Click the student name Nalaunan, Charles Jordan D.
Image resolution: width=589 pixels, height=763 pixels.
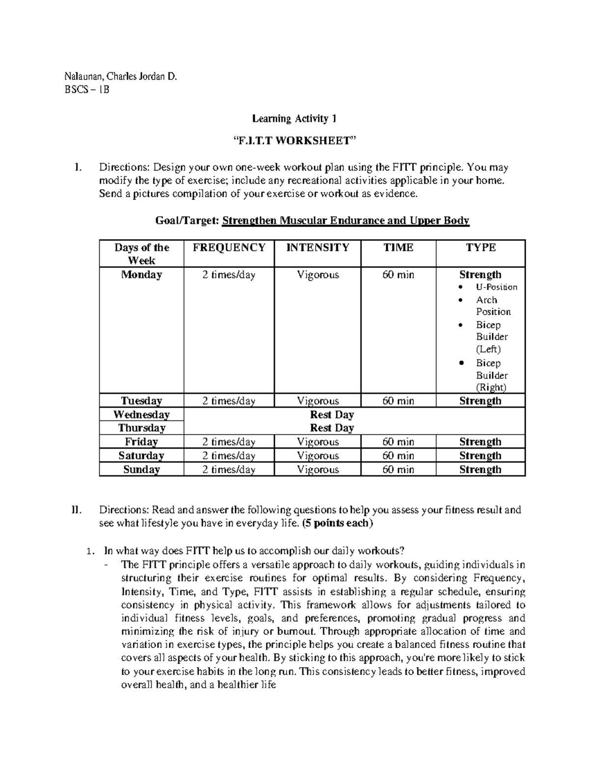point(120,77)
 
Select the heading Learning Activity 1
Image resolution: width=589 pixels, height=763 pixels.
point(294,118)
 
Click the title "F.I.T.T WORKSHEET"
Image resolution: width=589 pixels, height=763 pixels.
point(294,141)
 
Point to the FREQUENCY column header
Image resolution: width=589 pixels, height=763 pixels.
point(229,248)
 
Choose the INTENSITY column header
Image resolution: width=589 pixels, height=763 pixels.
point(318,248)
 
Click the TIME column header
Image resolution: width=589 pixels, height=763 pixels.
point(398,248)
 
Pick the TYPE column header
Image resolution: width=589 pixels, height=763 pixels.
point(481,248)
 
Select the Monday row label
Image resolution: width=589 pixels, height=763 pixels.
point(141,275)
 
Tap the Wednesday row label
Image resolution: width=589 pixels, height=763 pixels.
point(141,415)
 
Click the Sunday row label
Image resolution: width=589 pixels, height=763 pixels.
point(141,470)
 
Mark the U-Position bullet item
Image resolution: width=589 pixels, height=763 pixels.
point(496,287)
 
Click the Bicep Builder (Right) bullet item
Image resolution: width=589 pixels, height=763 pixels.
point(491,375)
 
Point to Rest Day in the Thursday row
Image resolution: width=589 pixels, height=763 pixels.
point(332,428)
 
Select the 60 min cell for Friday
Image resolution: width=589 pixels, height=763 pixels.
point(398,442)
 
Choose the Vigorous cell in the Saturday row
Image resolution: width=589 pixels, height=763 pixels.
point(318,456)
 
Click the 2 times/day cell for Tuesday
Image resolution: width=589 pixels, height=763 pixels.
point(229,401)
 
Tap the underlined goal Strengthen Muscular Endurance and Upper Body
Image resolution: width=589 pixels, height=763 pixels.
point(346,221)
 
